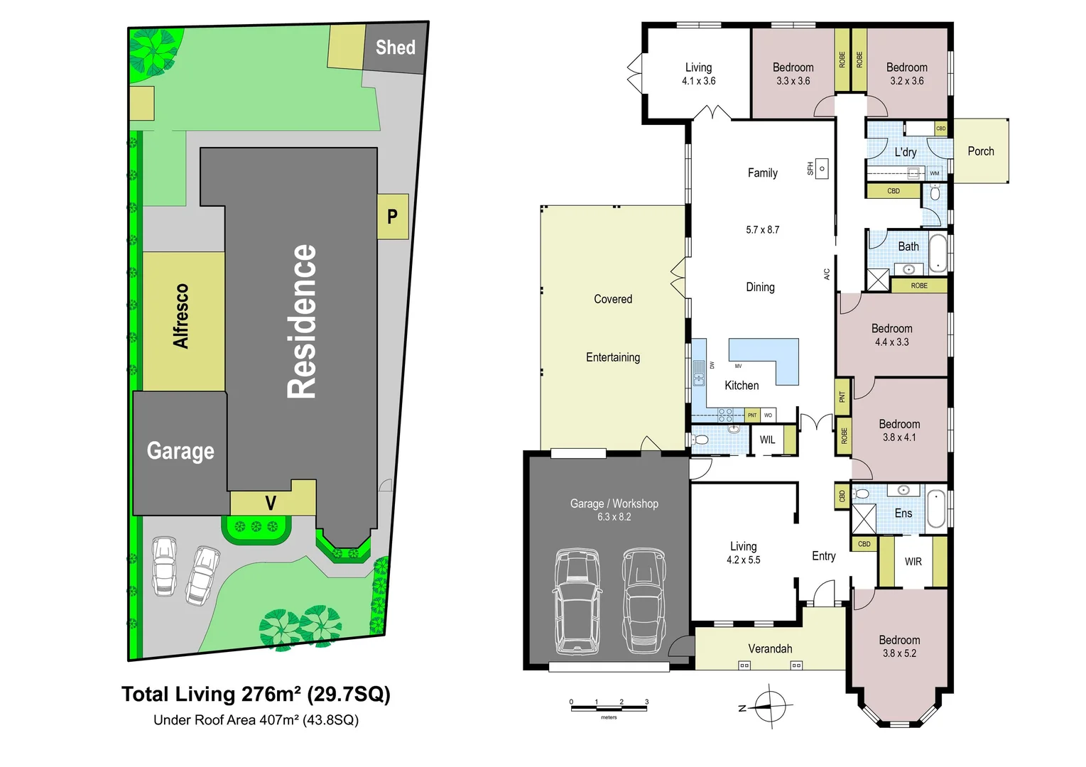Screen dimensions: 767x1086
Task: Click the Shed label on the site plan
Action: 395,48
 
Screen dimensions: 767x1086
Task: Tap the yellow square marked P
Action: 392,217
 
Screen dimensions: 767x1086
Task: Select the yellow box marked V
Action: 271,503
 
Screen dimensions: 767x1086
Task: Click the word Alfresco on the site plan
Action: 182,316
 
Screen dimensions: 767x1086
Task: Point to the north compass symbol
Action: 770,707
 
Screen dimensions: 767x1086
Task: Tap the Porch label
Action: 980,151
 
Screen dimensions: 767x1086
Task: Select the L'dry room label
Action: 905,152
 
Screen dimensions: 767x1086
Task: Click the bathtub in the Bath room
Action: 938,254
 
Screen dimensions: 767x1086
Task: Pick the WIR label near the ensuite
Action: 913,562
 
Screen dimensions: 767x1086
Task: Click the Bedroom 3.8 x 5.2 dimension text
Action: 899,653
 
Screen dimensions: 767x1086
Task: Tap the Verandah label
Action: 770,648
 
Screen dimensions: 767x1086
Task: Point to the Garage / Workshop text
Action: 614,504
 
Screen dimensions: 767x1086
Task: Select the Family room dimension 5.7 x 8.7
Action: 762,229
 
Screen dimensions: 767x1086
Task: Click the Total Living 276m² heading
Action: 256,694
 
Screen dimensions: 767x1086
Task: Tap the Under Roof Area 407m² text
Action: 256,720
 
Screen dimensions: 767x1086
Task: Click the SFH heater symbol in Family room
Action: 821,168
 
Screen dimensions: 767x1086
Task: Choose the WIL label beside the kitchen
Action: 767,440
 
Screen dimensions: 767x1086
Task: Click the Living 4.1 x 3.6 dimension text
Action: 698,81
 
